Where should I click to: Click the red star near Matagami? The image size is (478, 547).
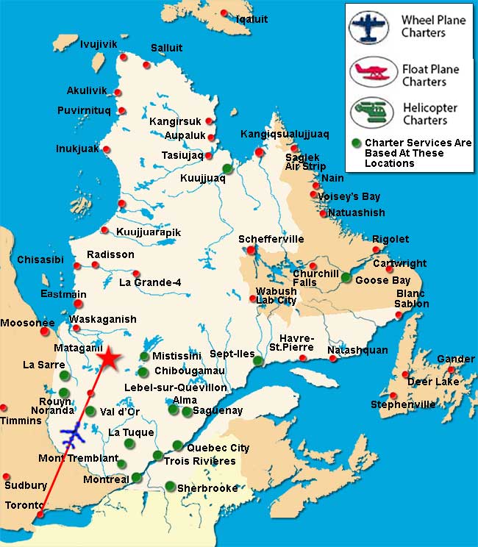click(x=108, y=357)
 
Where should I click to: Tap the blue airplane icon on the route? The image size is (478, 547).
click(x=72, y=436)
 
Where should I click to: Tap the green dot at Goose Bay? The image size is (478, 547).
click(x=346, y=277)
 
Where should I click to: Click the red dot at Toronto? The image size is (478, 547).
click(x=40, y=515)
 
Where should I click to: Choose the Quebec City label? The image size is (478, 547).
click(x=218, y=448)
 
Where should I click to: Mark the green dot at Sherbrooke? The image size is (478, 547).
click(x=170, y=486)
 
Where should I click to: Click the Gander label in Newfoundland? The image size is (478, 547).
click(x=455, y=359)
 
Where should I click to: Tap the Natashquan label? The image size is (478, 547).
click(x=357, y=350)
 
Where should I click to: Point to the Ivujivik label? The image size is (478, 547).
click(x=99, y=45)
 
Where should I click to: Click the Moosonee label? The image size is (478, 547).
click(x=27, y=323)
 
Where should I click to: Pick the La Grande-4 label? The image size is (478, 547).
click(x=149, y=282)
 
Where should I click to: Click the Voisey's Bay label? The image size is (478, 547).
click(x=349, y=196)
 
